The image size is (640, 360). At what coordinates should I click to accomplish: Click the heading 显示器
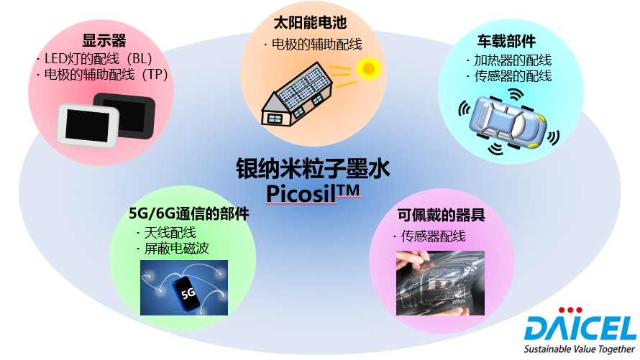(x=104, y=41)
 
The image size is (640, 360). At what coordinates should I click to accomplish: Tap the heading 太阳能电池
(x=310, y=23)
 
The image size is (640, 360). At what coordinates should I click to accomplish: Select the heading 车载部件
(x=506, y=41)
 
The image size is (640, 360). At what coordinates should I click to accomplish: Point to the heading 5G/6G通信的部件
(x=189, y=213)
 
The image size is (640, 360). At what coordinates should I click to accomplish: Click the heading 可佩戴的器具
(x=442, y=215)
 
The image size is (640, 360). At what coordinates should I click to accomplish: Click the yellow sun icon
(x=368, y=68)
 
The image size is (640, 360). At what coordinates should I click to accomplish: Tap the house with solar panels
(x=296, y=94)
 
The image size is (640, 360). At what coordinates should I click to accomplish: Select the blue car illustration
(x=508, y=121)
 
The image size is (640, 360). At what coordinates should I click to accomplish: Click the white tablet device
(x=87, y=125)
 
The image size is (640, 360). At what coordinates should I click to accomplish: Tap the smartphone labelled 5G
(x=186, y=294)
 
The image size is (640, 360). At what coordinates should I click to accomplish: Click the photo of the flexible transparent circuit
(x=440, y=283)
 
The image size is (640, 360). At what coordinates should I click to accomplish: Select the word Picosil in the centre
(x=301, y=194)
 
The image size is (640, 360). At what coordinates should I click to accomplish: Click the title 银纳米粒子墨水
(x=313, y=168)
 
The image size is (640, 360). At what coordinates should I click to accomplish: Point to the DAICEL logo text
(x=580, y=328)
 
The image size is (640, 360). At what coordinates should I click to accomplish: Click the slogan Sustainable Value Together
(x=579, y=349)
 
